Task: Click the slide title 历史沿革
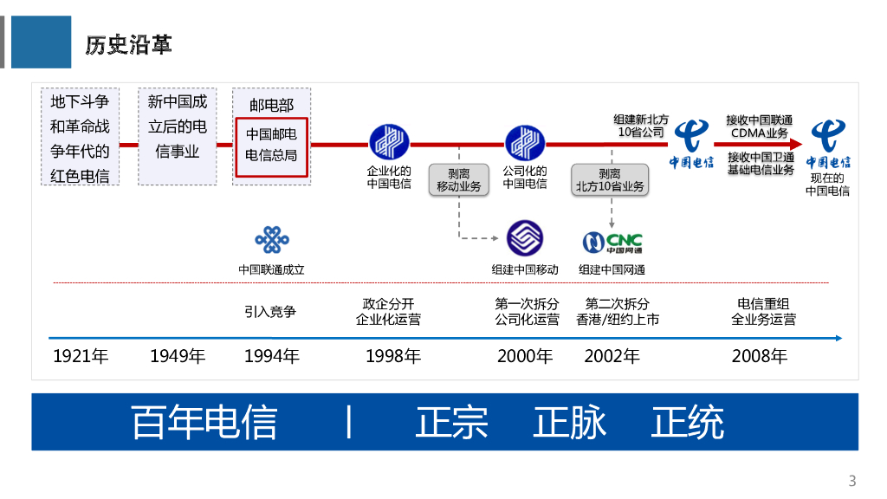(128, 44)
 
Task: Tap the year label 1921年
(81, 356)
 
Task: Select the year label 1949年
(177, 356)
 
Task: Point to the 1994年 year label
(271, 356)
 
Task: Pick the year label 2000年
(524, 356)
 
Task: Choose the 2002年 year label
(612, 356)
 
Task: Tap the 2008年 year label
(759, 356)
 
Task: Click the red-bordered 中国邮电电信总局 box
(272, 146)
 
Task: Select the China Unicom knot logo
(271, 240)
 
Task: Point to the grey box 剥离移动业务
(459, 179)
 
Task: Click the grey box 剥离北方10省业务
(610, 179)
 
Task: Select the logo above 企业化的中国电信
(389, 142)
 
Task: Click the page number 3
(851, 481)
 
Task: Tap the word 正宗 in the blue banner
(452, 422)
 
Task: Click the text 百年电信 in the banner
(204, 422)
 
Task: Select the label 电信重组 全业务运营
(763, 311)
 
